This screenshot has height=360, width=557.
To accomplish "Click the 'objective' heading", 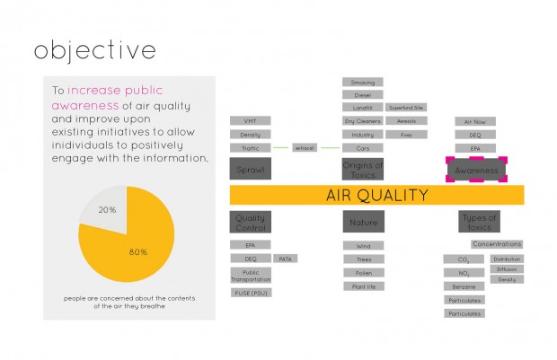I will (94, 51).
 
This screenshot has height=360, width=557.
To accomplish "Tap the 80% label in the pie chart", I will (137, 251).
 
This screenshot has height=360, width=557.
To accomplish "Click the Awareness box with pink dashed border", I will (476, 170).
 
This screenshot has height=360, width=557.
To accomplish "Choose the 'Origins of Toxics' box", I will (363, 170).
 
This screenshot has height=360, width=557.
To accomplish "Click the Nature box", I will (363, 222).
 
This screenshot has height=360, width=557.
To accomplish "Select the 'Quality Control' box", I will (250, 222).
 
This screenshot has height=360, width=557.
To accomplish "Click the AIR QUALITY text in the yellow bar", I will (376, 195).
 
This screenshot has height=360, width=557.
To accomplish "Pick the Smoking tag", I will (363, 83).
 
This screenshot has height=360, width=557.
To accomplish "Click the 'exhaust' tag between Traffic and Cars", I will (305, 147).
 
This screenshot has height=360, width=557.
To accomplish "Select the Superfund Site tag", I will (406, 108).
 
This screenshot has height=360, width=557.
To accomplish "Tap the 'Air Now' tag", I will (475, 121).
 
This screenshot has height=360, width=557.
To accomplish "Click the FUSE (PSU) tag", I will (250, 293).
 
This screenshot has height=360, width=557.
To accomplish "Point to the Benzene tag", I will (464, 286).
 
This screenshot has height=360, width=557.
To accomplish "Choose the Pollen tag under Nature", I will (363, 272).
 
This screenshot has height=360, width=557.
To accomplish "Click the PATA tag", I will (286, 259).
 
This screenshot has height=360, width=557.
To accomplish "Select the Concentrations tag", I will (496, 244).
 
